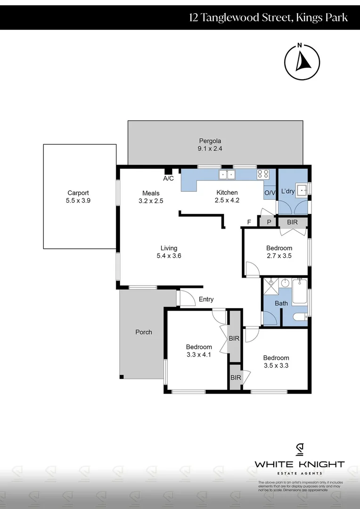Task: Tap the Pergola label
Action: tap(210, 140)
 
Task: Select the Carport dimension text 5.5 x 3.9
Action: tap(78, 200)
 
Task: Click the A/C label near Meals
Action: tap(168, 179)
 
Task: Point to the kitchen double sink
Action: tap(227, 174)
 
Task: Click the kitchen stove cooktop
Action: tap(263, 174)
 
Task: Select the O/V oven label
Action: tap(270, 193)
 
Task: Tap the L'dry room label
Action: tap(288, 191)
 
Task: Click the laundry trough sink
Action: tap(301, 189)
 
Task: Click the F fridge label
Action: tap(249, 222)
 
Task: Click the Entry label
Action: tap(206, 299)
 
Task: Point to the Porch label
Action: tap(144, 332)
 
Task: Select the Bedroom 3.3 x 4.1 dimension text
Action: tap(198, 355)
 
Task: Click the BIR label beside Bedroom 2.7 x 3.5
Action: tap(293, 222)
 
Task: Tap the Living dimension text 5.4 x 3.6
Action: tap(169, 256)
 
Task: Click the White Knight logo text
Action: tap(299, 464)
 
